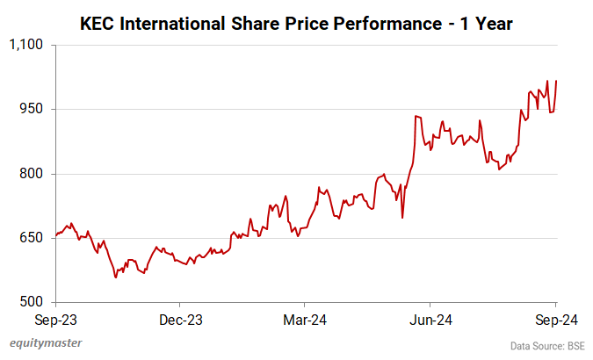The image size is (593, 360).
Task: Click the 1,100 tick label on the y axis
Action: [x=28, y=44]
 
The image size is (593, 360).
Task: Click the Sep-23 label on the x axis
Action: [x=54, y=320]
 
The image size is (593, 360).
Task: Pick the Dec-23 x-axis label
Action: [x=181, y=320]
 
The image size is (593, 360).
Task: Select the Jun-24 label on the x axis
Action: [x=432, y=320]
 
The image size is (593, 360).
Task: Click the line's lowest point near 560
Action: [x=115, y=277]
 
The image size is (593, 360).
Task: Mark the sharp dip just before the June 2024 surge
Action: [x=402, y=217]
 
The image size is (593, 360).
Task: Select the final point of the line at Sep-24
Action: [x=556, y=81]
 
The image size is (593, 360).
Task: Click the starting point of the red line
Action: [x=55, y=235]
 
